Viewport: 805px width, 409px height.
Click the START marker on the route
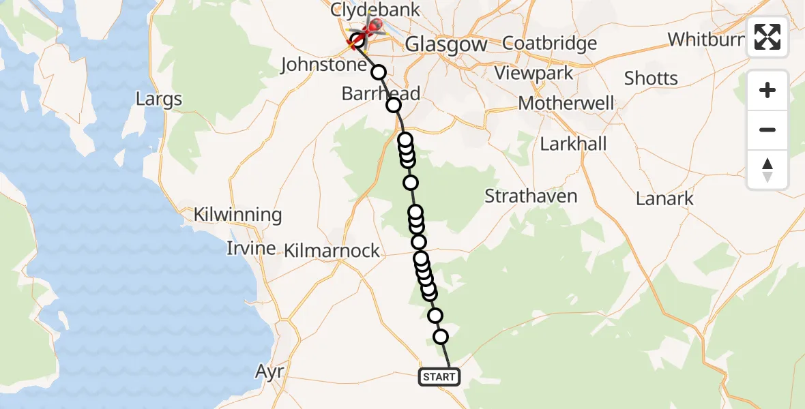439,377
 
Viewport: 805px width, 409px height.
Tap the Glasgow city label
446,45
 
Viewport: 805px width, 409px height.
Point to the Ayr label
269,372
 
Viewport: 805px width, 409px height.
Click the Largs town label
159,99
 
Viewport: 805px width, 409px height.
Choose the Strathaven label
531,196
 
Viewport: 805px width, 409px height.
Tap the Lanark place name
664,199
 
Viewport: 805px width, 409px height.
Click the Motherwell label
566,104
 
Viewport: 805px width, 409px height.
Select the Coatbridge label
549,43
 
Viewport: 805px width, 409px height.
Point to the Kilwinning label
237,215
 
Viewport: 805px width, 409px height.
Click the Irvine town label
251,248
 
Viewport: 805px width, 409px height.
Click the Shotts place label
651,78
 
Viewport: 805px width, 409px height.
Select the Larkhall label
573,145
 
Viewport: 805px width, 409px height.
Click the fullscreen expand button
767,37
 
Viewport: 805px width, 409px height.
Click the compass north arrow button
767,170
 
